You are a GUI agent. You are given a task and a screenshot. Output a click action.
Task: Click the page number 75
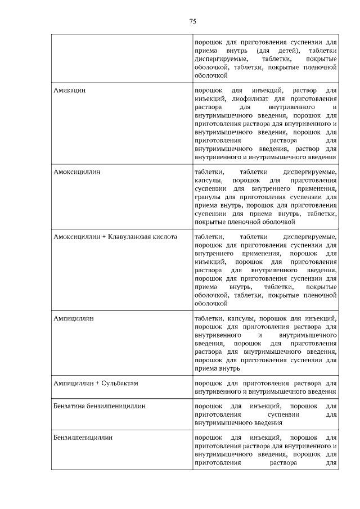pos(192,22)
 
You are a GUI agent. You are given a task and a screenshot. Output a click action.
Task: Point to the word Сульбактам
pos(120,383)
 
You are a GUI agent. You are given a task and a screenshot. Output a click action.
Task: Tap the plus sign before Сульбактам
pos(97,383)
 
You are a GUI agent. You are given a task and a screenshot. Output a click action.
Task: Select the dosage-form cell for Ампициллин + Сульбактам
pos(265,387)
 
